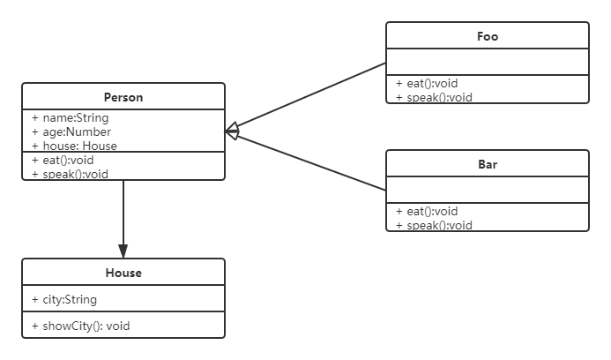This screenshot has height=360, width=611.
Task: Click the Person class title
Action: (x=123, y=97)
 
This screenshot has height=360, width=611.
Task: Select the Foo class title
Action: (x=488, y=36)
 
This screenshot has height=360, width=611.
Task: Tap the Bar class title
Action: (x=488, y=164)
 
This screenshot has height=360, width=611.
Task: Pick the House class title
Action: (x=123, y=273)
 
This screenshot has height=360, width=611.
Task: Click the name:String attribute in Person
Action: (x=71, y=117)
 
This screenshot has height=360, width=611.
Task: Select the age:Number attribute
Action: (x=71, y=131)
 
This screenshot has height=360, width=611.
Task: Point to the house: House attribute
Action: (x=74, y=146)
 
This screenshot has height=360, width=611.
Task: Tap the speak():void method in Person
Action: (x=70, y=174)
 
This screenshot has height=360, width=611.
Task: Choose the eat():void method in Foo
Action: (x=427, y=84)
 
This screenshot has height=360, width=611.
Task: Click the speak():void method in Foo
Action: (x=434, y=97)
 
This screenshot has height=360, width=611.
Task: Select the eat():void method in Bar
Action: (x=427, y=211)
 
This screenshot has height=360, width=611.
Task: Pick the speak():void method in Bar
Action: (x=434, y=225)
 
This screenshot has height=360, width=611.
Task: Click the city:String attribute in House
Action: (x=64, y=299)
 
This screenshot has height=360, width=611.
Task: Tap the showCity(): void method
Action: (x=80, y=326)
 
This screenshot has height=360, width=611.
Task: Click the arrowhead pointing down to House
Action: (x=123, y=251)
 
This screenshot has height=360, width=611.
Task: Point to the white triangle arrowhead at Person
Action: (x=233, y=131)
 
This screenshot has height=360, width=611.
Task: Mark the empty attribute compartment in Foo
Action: (x=488, y=62)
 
